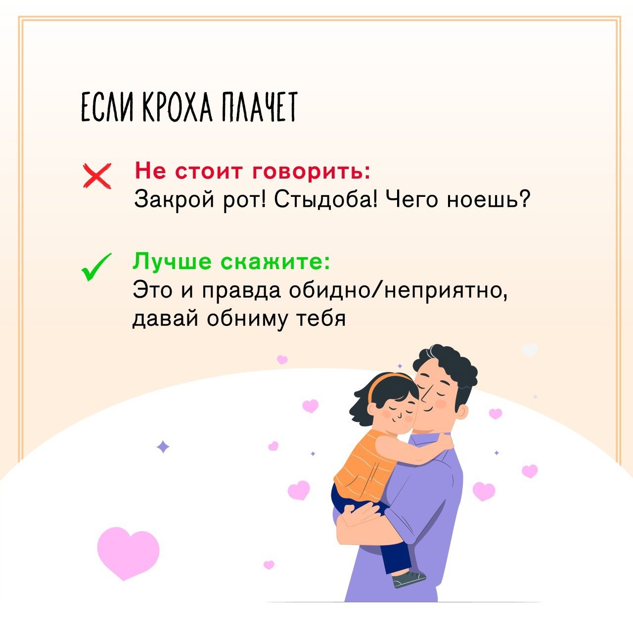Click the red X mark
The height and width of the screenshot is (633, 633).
[97, 176]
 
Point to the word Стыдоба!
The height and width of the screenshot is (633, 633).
[326, 199]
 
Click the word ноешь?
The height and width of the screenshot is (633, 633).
[489, 200]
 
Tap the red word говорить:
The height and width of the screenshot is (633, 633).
[312, 172]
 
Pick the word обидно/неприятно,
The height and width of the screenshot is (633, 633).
[398, 290]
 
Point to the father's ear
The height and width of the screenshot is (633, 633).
[460, 411]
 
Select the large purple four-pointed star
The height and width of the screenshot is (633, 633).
[163, 447]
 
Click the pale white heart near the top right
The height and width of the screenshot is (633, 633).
[530, 349]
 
